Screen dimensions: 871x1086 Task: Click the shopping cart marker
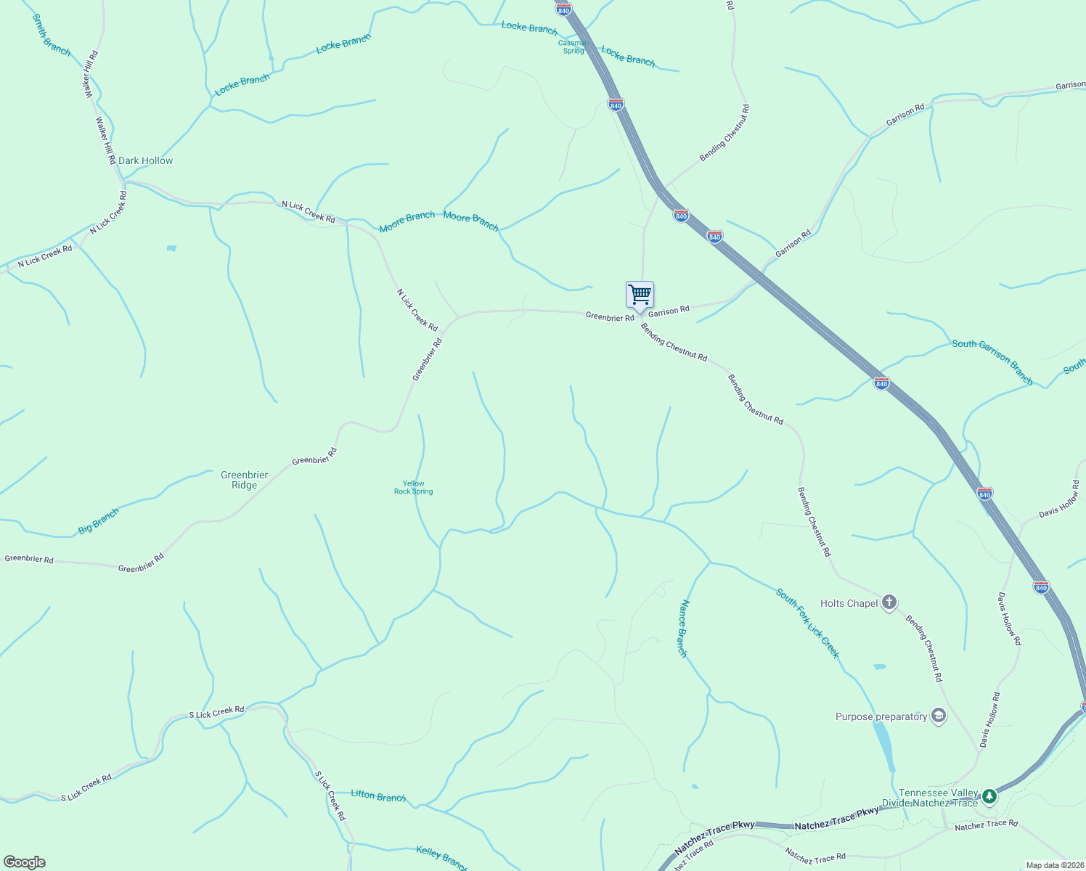pyautogui.click(x=640, y=295)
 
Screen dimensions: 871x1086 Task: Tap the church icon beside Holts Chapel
pyautogui.click(x=889, y=603)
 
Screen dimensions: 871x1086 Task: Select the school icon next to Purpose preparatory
pyautogui.click(x=939, y=716)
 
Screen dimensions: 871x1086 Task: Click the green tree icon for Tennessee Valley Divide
pyautogui.click(x=989, y=797)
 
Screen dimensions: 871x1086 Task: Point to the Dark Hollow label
pyautogui.click(x=145, y=160)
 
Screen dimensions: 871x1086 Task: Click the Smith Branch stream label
pyautogui.click(x=52, y=35)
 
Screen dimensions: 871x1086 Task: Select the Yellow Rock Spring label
pyautogui.click(x=413, y=488)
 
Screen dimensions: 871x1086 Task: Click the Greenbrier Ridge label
pyautogui.click(x=244, y=480)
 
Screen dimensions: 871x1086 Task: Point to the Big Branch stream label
pyautogui.click(x=99, y=521)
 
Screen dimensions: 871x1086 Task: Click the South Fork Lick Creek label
pyautogui.click(x=807, y=623)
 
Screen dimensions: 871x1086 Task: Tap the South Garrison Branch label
pyautogui.click(x=992, y=361)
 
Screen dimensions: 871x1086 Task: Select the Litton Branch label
pyautogui.click(x=378, y=796)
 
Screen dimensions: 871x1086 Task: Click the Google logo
pyautogui.click(x=24, y=862)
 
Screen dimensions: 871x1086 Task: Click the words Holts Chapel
pyautogui.click(x=849, y=603)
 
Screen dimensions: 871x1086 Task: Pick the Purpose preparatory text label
pyautogui.click(x=881, y=716)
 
